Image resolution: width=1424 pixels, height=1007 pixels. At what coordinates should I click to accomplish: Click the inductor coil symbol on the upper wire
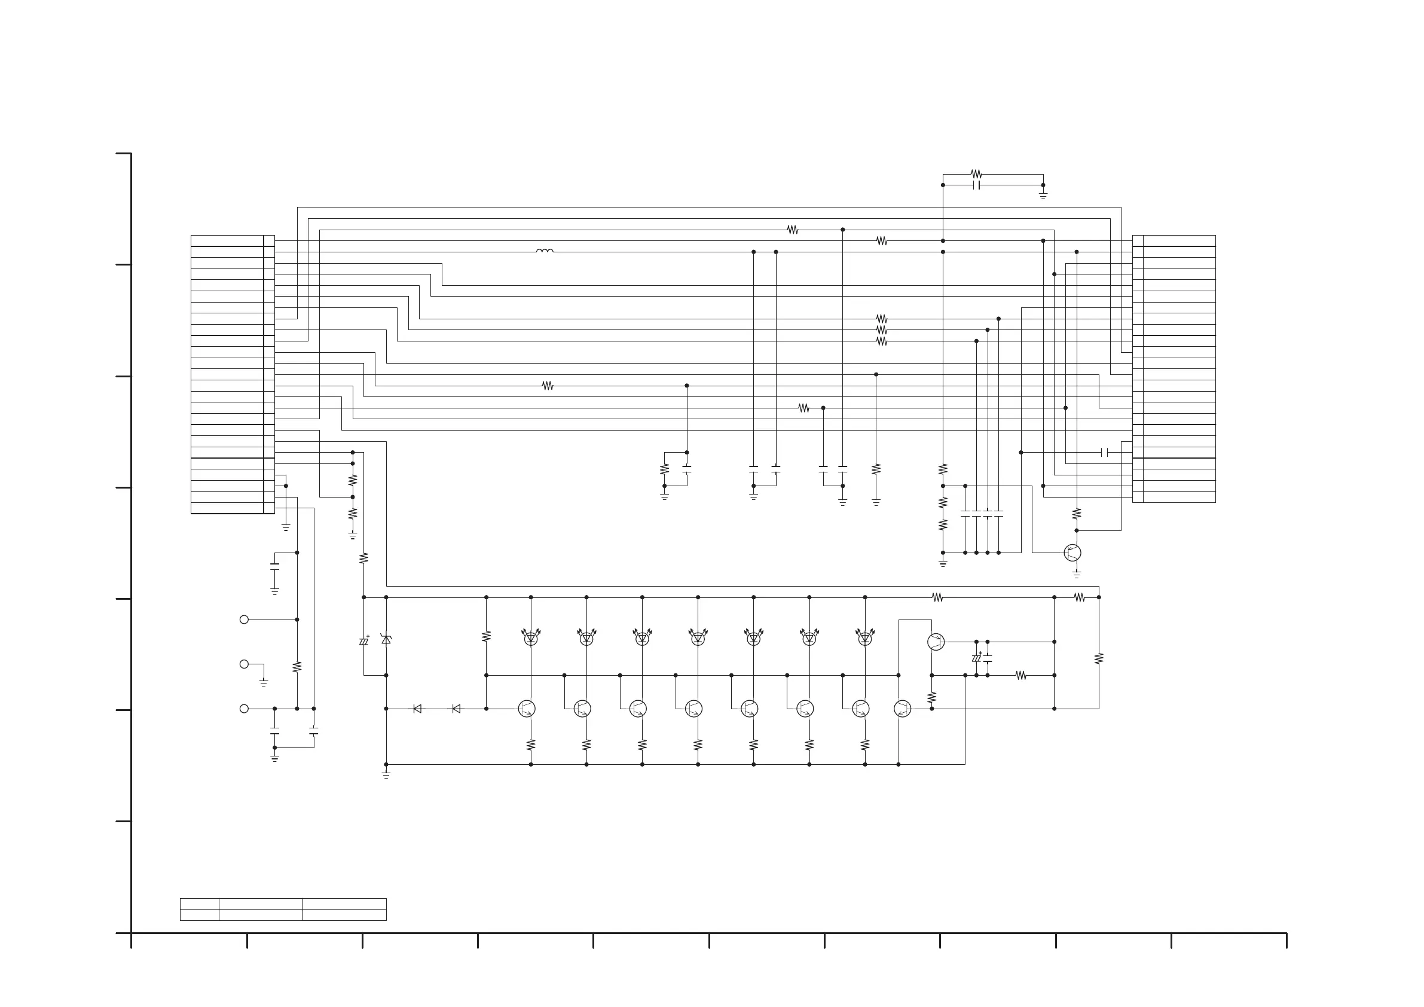(x=545, y=251)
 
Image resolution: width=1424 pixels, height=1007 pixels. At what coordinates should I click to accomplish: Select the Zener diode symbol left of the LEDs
(x=386, y=639)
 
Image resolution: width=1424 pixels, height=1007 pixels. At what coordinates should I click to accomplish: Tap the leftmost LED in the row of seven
(x=531, y=637)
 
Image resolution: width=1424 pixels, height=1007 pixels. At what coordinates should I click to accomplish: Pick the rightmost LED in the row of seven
(x=865, y=637)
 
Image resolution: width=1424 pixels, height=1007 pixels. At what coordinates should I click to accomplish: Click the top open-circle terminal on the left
(x=244, y=620)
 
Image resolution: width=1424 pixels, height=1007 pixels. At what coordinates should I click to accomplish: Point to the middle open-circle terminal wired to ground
(x=244, y=664)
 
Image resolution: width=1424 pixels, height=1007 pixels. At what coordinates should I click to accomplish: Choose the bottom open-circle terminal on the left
(x=244, y=709)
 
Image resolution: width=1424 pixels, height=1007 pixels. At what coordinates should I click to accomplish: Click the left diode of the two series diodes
(x=417, y=709)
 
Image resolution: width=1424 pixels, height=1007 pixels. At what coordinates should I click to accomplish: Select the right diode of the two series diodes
(x=457, y=709)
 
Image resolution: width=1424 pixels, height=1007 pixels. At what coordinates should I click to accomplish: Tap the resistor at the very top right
(x=976, y=175)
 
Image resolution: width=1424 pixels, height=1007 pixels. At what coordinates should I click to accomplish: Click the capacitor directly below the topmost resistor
(x=977, y=185)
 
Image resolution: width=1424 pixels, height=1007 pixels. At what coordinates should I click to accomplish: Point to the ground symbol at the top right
(x=1043, y=196)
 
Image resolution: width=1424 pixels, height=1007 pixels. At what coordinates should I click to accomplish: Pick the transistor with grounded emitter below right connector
(x=1072, y=553)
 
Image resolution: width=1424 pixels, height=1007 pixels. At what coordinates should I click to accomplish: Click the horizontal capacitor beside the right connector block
(x=1104, y=452)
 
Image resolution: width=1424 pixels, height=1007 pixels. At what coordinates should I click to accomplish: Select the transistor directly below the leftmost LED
(x=527, y=709)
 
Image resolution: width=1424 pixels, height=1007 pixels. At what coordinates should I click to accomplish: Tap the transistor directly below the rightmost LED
(x=861, y=709)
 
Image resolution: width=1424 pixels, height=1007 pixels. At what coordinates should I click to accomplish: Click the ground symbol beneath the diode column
(x=386, y=775)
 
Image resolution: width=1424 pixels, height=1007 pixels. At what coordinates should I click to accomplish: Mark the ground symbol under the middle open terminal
(x=264, y=683)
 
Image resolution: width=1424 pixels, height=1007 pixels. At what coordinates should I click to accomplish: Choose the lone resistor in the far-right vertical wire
(x=1099, y=658)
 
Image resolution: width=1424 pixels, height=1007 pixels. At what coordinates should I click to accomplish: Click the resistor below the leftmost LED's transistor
(x=531, y=744)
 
